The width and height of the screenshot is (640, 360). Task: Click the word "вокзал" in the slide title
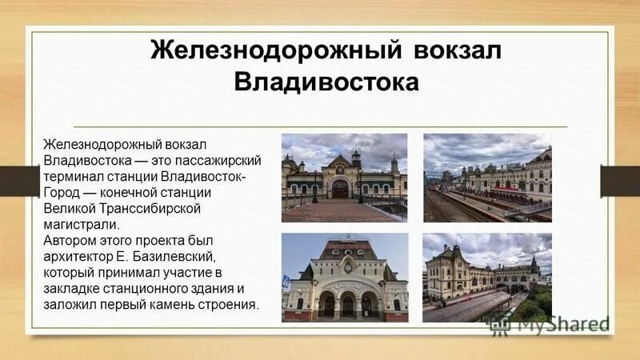[x=458, y=51]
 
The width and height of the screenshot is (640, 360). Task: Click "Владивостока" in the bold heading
[x=326, y=82]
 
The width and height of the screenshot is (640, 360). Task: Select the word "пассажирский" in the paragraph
[x=226, y=159]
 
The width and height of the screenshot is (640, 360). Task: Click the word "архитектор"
[x=81, y=257]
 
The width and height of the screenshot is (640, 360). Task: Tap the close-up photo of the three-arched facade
[x=345, y=277]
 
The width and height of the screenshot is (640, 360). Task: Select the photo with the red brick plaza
[x=345, y=177]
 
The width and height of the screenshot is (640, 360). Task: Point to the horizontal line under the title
[x=320, y=127]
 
